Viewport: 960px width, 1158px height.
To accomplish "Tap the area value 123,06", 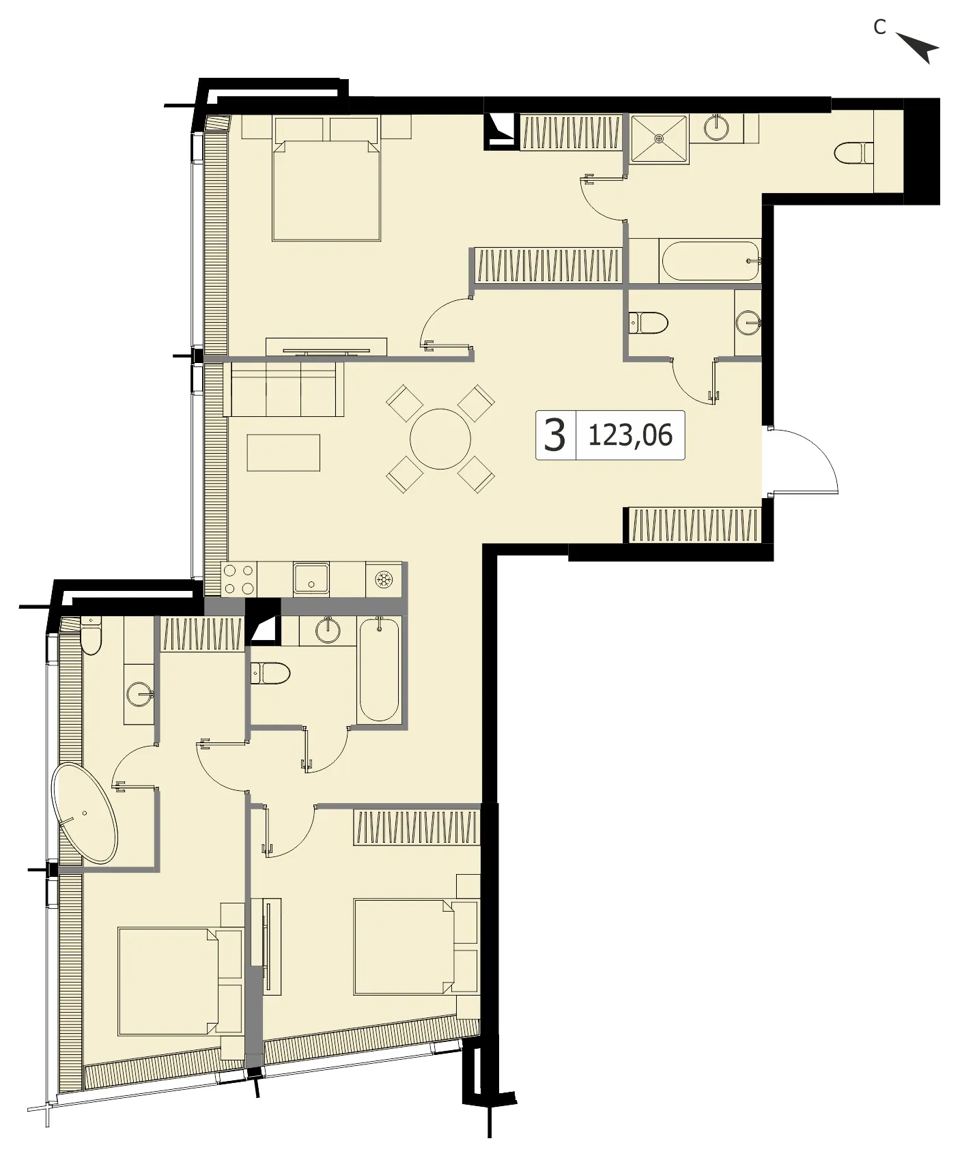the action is tap(630, 435).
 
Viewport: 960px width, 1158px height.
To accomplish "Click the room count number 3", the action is tap(554, 435).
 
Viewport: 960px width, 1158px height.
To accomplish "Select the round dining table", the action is tap(440, 439).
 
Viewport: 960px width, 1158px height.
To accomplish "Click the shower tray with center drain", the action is tap(659, 139).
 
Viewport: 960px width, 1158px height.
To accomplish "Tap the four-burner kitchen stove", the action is tap(239, 579).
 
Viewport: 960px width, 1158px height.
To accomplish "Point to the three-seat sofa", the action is tap(283, 389).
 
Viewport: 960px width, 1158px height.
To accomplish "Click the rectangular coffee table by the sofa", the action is tap(283, 452).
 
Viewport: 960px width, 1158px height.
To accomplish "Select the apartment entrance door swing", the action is tap(803, 460).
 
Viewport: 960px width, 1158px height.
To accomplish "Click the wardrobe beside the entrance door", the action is tap(694, 525).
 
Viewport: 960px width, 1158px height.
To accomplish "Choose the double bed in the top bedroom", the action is tap(326, 178).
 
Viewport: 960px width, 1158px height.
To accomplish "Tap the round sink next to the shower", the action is tap(716, 128).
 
